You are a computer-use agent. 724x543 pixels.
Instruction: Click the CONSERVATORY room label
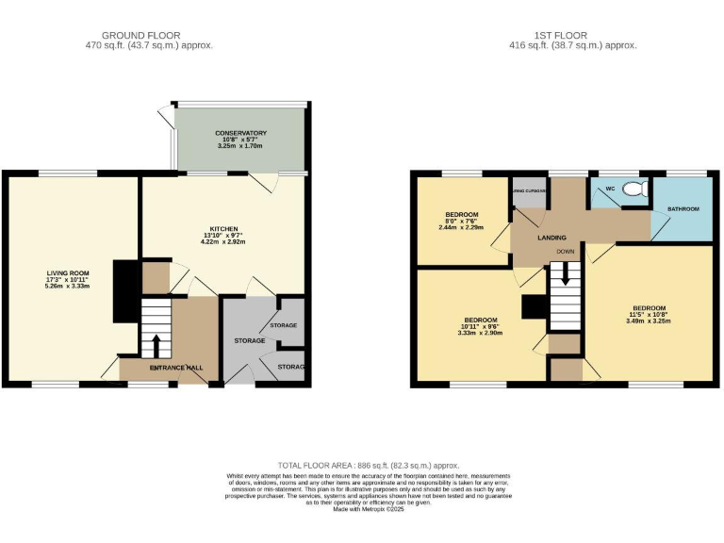click(x=240, y=133)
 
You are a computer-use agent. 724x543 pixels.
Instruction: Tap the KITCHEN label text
click(x=223, y=227)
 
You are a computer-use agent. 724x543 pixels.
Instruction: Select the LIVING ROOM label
click(x=68, y=273)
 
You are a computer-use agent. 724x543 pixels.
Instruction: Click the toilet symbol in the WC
click(x=637, y=189)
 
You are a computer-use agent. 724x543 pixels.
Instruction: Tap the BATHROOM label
click(x=683, y=208)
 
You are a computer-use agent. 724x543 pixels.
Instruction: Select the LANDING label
click(x=551, y=238)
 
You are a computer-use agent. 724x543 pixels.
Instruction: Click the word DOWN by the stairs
click(x=566, y=252)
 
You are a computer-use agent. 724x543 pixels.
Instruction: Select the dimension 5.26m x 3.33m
click(x=68, y=286)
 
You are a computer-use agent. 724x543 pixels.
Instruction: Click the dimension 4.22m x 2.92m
click(x=223, y=239)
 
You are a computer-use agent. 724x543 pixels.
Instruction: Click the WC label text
click(x=610, y=189)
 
